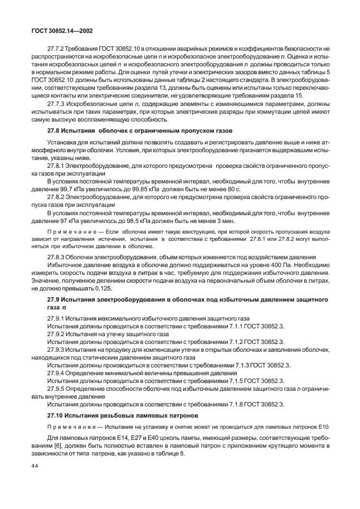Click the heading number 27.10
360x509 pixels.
click(x=56, y=415)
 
